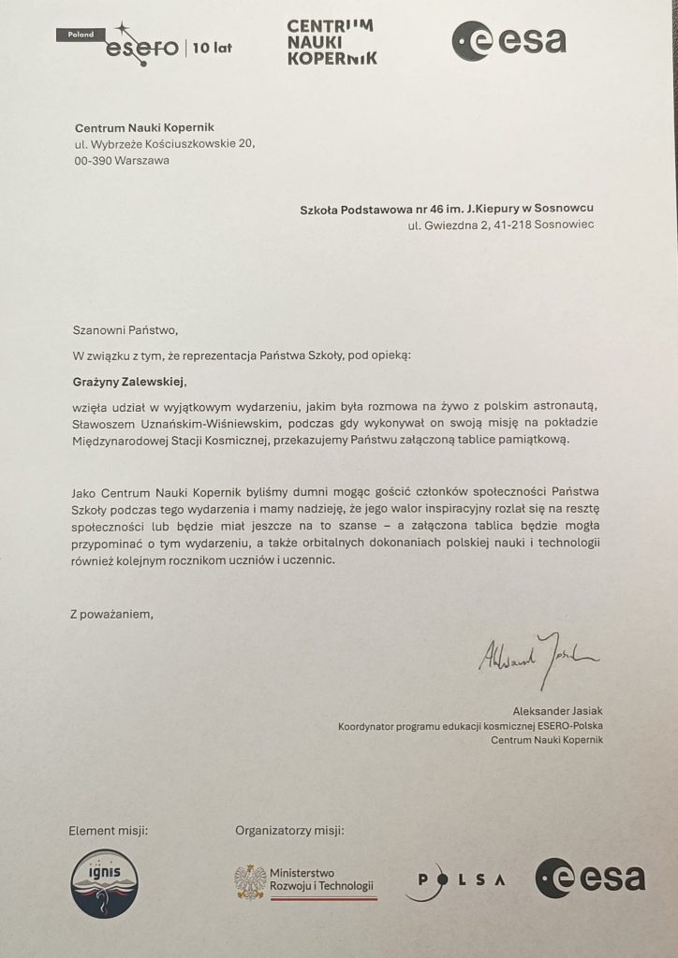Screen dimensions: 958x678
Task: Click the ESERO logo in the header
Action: point(140,46)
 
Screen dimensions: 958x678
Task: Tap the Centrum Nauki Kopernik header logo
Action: point(332,41)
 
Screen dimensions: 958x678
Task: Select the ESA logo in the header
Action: point(508,41)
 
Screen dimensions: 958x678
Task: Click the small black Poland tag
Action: point(77,34)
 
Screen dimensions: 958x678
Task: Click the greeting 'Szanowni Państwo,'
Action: point(125,329)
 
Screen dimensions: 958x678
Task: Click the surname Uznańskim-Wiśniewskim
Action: point(208,422)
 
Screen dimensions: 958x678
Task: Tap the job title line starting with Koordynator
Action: point(470,725)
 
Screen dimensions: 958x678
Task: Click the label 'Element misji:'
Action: point(109,830)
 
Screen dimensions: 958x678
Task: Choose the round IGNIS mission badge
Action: point(104,883)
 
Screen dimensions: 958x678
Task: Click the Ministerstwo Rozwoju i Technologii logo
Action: point(305,880)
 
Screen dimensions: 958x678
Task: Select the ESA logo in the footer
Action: point(590,878)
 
